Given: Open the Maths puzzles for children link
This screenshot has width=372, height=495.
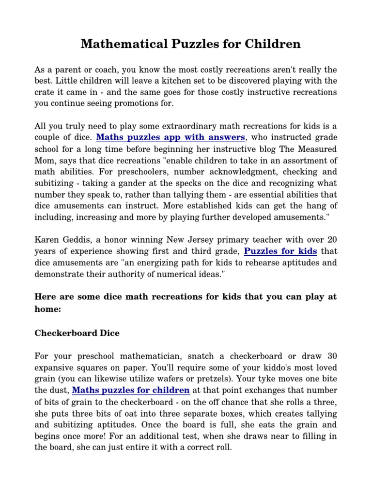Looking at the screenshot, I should tap(131, 390).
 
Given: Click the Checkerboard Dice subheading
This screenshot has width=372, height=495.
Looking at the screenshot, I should tap(77, 333).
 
